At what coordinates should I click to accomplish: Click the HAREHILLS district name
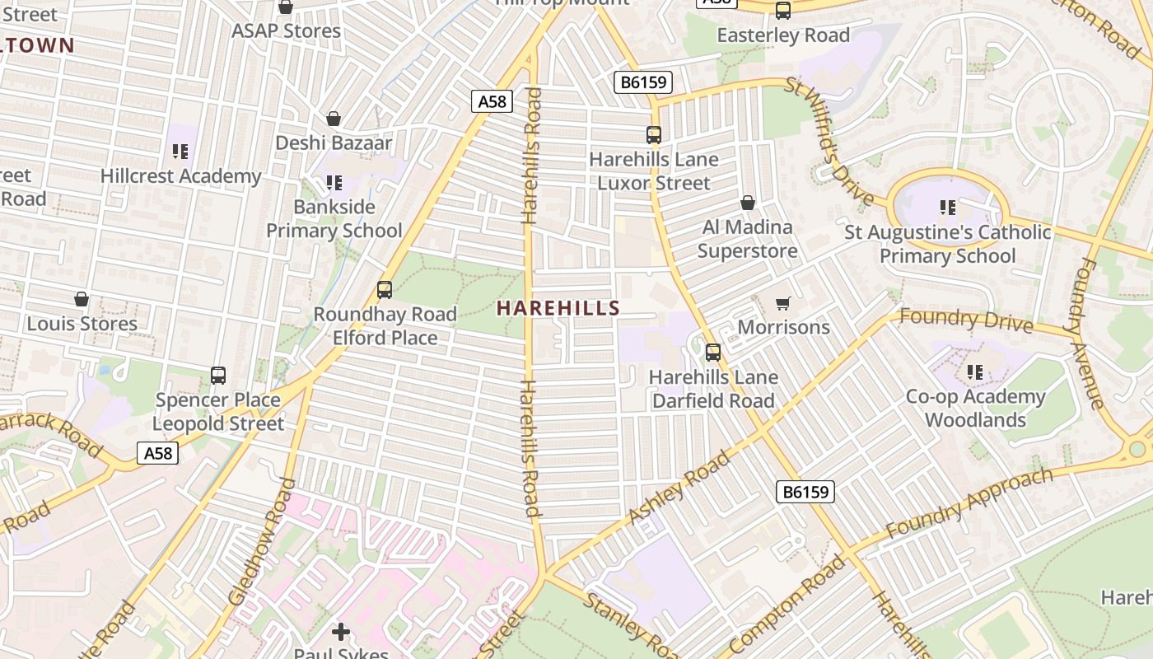click(558, 308)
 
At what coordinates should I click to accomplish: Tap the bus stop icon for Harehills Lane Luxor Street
click(654, 135)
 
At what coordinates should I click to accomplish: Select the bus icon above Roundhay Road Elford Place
click(385, 290)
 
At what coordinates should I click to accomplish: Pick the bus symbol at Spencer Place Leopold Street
click(218, 376)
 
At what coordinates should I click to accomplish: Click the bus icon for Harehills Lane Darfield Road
click(713, 353)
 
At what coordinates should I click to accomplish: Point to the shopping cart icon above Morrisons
click(783, 303)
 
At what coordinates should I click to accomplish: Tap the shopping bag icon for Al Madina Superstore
click(748, 203)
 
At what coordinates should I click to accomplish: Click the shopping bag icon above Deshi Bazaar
click(334, 119)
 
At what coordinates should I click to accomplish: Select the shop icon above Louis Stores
click(82, 299)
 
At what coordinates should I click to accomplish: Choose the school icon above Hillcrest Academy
click(180, 152)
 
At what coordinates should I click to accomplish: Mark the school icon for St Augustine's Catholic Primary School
click(948, 208)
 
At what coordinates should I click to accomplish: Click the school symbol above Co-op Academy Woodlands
click(976, 372)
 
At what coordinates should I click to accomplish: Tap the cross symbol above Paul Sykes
click(341, 633)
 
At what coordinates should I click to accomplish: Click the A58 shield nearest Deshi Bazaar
click(492, 101)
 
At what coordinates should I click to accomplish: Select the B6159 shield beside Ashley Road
click(805, 492)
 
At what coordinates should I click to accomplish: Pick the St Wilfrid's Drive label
click(829, 142)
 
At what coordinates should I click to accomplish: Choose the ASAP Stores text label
click(286, 31)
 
